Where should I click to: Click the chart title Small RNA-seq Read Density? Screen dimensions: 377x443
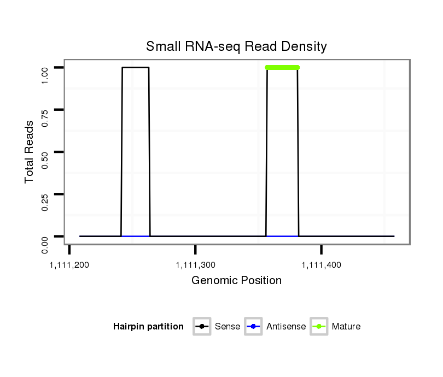point(236,46)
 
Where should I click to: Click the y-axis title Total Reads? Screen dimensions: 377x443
point(30,152)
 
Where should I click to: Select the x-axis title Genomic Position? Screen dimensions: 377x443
point(236,281)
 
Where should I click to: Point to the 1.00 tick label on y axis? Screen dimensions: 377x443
point(45,67)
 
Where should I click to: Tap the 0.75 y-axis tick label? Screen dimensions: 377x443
point(45,110)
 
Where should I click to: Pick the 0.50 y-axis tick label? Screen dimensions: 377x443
point(45,152)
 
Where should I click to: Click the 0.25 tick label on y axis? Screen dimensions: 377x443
point(45,194)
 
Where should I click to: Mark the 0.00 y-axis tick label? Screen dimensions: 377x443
point(45,237)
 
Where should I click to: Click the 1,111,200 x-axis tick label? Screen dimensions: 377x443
point(69,265)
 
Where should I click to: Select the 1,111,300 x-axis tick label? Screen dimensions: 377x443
point(196,265)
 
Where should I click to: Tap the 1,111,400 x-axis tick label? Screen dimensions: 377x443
point(322,265)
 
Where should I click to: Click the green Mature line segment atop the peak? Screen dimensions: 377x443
point(282,67)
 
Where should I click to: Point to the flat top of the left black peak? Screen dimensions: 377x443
point(136,67)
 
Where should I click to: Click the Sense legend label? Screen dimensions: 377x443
point(228,327)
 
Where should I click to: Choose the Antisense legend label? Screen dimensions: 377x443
point(286,327)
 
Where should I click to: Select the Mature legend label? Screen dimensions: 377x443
point(346,327)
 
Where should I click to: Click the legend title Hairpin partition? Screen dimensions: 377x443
point(148,327)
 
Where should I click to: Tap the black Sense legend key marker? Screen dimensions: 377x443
point(202,327)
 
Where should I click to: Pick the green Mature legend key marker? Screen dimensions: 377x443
point(319,327)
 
